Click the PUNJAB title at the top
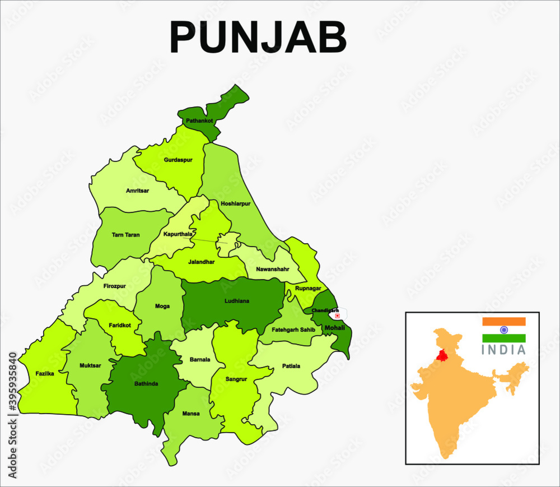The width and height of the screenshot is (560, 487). pos(259,38)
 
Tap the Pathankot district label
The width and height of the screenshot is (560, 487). pos(199,120)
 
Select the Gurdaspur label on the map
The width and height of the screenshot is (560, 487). pos(178,160)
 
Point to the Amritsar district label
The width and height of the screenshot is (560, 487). pos(138,191)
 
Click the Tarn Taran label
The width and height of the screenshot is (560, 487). pos(125,235)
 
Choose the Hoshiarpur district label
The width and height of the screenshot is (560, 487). pos(235,204)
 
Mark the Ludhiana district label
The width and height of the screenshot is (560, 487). pos(236,301)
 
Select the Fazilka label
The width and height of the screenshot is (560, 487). pos(45,373)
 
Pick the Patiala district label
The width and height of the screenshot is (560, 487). pos(291,366)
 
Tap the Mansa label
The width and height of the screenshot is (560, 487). pos(191,414)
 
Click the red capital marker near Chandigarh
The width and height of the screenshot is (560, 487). pos(337,316)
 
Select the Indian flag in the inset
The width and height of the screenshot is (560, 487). pos(504,330)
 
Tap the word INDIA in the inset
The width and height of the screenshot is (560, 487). pos(504,350)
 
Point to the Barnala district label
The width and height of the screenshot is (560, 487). pos(199,360)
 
